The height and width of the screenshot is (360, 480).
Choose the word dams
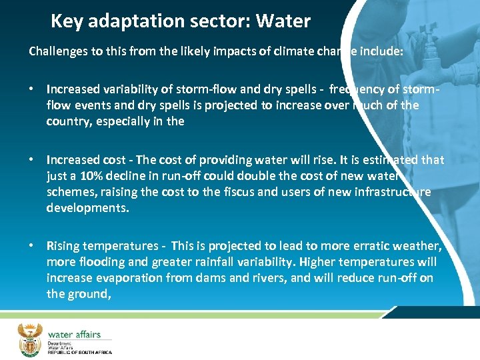click(x=193, y=278)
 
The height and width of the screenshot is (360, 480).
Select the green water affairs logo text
click(x=73, y=334)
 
